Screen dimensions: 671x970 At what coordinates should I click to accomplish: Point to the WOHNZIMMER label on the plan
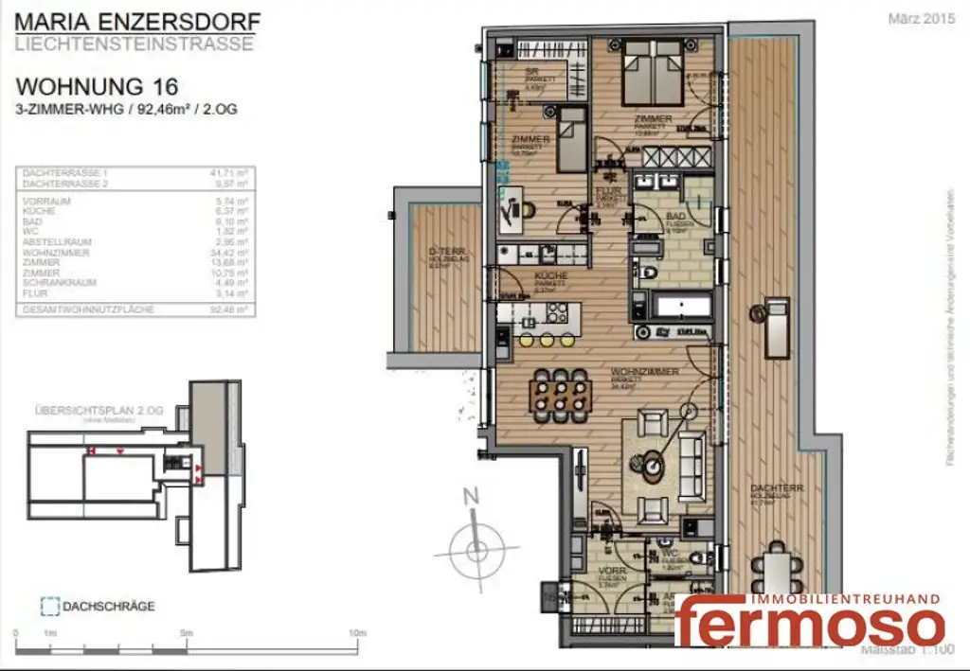645,372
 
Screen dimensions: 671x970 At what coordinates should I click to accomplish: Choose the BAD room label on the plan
676,218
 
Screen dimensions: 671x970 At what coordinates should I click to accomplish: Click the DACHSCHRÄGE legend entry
108,606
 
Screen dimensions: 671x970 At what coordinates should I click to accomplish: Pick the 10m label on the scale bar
357,633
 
